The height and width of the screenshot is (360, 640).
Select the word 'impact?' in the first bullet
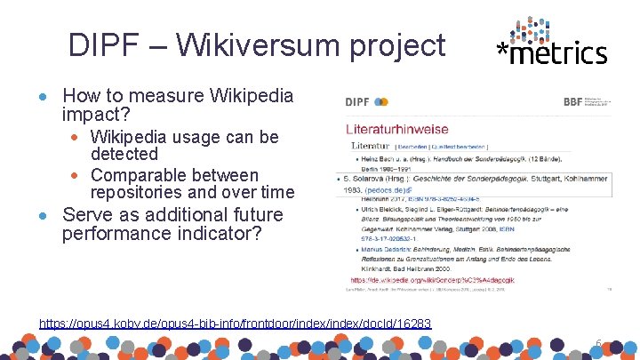coord(96,115)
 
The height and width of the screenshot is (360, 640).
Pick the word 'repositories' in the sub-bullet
coord(140,193)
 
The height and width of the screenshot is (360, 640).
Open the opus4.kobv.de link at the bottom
coord(236,324)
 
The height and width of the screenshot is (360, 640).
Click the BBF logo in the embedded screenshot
coord(574,101)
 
